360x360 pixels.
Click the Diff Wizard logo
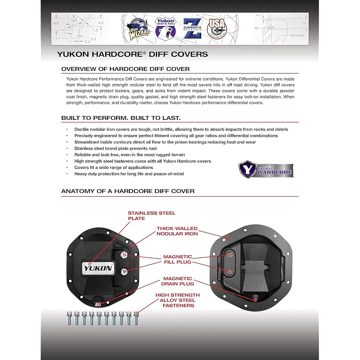tap(137, 28)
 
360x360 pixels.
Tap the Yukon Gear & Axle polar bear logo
tap(165, 28)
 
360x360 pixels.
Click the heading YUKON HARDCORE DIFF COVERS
tap(132, 54)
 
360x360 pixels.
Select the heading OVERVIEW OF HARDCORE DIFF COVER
tap(126, 69)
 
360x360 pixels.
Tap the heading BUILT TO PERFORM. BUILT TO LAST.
tap(121, 118)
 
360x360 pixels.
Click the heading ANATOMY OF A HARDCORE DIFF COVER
tap(128, 191)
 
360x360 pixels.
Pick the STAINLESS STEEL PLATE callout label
tap(152, 216)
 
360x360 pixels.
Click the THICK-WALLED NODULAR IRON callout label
tap(177, 231)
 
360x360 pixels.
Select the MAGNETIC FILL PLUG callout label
tap(178, 259)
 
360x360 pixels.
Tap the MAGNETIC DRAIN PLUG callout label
tap(178, 281)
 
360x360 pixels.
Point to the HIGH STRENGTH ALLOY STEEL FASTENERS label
tap(177, 300)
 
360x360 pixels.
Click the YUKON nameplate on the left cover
tap(98, 268)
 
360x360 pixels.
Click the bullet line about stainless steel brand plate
tap(116, 148)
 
